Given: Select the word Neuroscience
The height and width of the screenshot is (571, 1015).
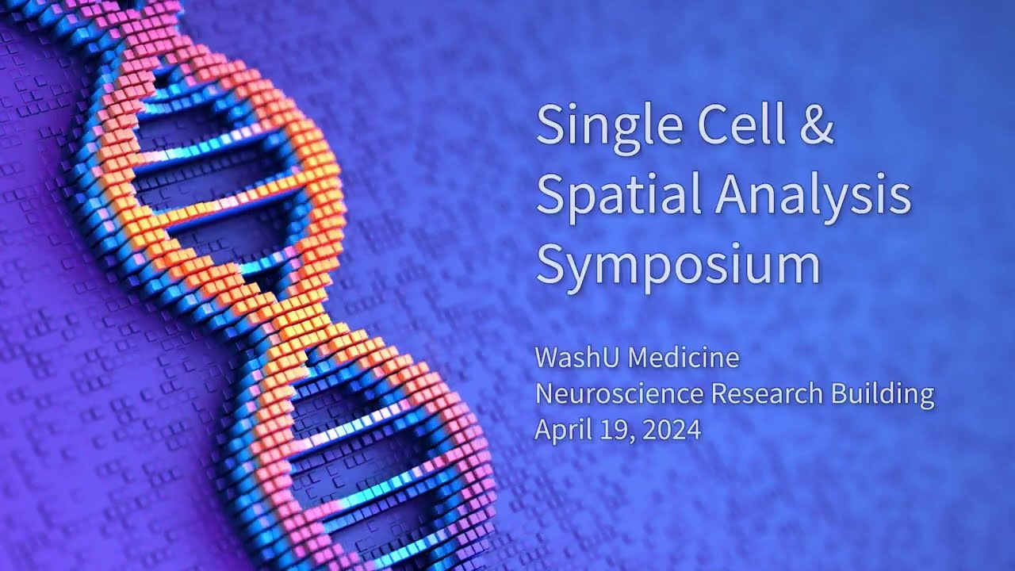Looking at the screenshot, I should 619,393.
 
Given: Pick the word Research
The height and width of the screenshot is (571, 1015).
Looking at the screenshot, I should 767,393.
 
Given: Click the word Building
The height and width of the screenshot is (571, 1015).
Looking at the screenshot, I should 883,393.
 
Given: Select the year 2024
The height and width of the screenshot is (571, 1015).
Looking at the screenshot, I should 672,430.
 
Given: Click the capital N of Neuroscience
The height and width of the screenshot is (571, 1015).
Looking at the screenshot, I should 545,393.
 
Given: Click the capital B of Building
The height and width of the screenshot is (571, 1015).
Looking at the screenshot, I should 839,393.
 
